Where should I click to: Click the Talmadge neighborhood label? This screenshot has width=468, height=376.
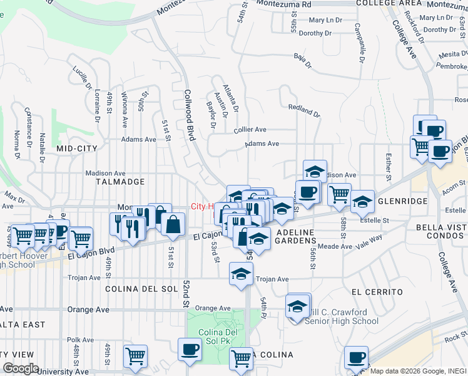click(x=120, y=182)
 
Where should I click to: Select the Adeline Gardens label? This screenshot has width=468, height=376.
click(x=300, y=238)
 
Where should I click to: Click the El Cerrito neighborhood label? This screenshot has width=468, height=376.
click(x=377, y=292)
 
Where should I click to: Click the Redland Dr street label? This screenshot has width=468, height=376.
click(x=305, y=111)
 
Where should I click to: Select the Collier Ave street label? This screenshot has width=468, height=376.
click(x=250, y=130)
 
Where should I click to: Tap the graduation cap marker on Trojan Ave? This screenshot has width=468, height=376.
click(x=241, y=273)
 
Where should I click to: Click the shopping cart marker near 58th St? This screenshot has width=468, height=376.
click(x=339, y=193)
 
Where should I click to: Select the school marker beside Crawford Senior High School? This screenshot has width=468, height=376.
click(x=298, y=306)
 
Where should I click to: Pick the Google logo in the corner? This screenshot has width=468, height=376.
click(x=21, y=368)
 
